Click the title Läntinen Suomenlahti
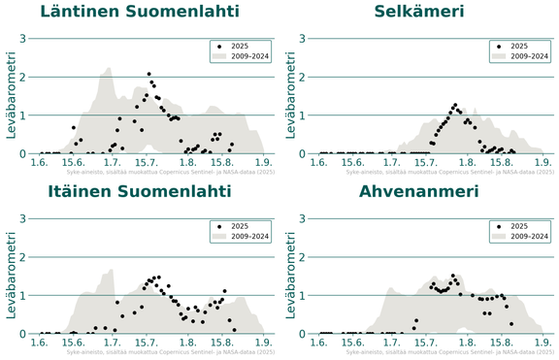pos(140,12)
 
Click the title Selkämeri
pos(419,12)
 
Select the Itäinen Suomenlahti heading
pos(140,191)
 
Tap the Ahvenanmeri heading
pos(419,191)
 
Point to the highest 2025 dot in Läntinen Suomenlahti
pos(148,74)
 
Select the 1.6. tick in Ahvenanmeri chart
pos(320,343)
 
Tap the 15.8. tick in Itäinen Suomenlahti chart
pos(222,343)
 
